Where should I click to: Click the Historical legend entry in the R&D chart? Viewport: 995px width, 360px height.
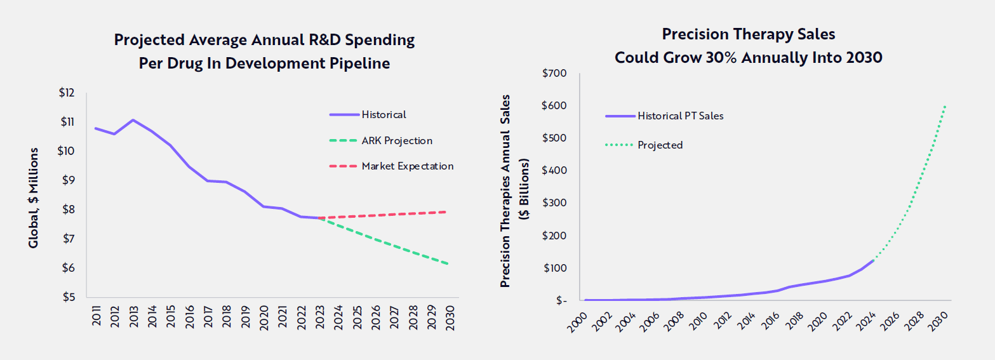(x=384, y=115)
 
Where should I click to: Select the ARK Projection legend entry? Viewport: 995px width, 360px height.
(x=397, y=141)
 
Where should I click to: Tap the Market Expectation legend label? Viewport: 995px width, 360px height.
(x=407, y=166)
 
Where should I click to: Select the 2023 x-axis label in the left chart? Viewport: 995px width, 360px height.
(x=320, y=318)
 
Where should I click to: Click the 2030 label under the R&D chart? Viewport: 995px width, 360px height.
(x=449, y=318)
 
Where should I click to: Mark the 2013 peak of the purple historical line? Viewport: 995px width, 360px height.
(x=133, y=119)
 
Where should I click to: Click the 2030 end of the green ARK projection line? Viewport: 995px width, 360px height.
(x=448, y=263)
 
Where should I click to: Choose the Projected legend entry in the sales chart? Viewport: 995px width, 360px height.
(x=660, y=145)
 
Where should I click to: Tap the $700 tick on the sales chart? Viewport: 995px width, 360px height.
(x=555, y=74)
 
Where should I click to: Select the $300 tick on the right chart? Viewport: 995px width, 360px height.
(x=555, y=203)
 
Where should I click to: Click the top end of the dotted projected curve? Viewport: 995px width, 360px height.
(x=946, y=105)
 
